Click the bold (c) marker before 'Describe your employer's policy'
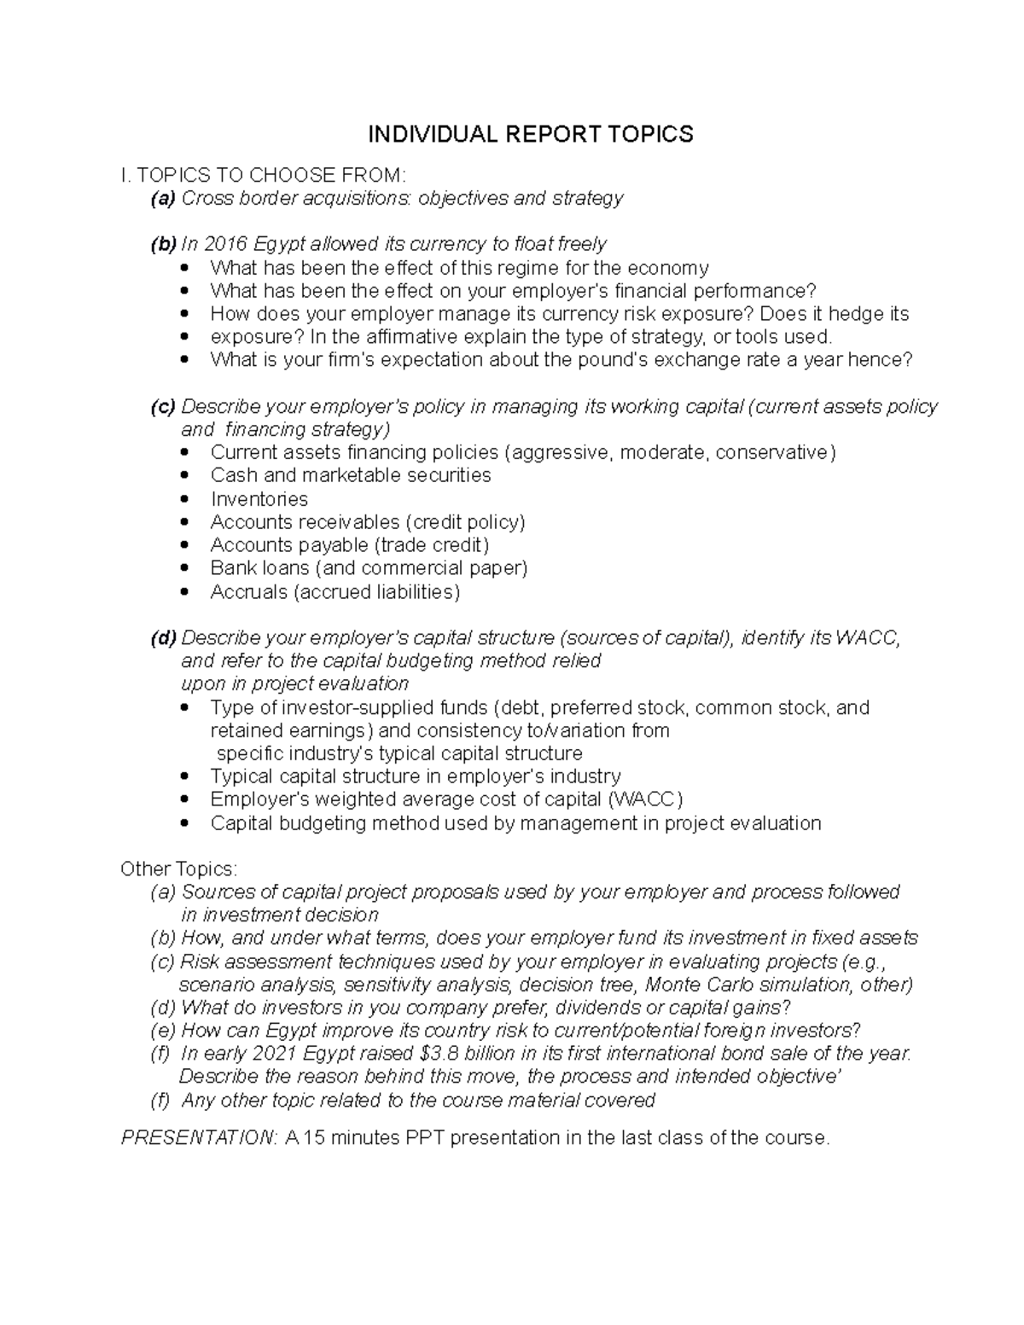[163, 407]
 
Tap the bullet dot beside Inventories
[185, 499]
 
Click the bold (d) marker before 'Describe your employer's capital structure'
[163, 638]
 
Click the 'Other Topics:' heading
[179, 869]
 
